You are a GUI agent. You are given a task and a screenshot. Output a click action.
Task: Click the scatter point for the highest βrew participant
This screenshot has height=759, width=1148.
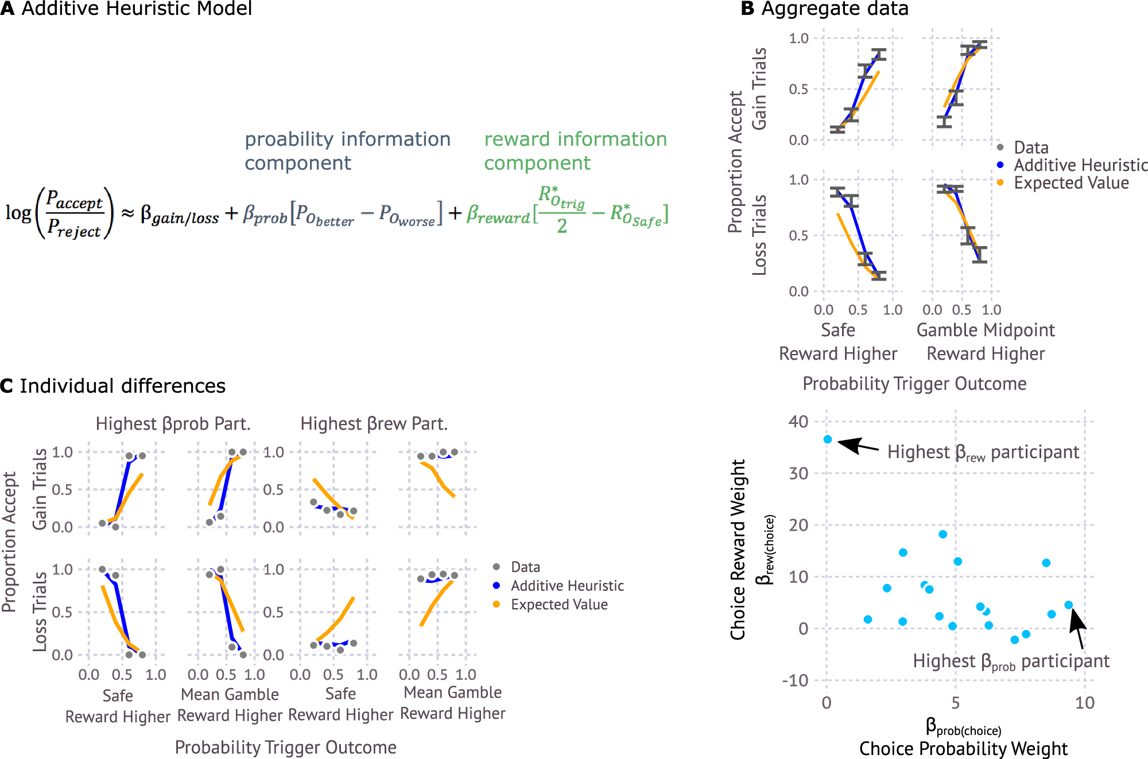(827, 439)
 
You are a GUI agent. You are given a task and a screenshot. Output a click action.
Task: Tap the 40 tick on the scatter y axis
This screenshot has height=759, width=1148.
(798, 422)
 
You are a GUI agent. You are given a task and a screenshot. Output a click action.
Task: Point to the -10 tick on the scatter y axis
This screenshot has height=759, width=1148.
(795, 680)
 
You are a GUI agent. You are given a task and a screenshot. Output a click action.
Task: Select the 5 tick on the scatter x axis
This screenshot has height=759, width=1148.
(956, 703)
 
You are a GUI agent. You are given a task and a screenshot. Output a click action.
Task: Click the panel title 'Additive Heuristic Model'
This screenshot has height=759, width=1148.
(137, 9)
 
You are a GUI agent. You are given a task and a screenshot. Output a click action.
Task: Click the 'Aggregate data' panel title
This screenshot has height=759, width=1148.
(835, 9)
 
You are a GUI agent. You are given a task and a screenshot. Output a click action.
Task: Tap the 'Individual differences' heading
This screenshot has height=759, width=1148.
(122, 386)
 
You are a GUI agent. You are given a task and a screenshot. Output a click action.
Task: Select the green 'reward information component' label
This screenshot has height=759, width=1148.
(575, 151)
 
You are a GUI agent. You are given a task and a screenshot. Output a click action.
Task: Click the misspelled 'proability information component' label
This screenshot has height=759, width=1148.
(347, 151)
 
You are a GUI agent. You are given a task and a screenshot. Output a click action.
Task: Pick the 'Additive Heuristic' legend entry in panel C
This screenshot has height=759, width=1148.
(567, 586)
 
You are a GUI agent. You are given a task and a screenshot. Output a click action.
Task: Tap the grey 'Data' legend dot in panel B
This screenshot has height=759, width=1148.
(1000, 147)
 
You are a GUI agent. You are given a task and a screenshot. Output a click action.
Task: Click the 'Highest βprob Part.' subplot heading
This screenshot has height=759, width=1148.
(173, 424)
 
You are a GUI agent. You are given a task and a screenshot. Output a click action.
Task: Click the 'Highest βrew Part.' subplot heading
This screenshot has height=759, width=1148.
(374, 424)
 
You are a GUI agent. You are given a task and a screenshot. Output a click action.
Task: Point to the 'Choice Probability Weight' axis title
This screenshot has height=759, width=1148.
(963, 749)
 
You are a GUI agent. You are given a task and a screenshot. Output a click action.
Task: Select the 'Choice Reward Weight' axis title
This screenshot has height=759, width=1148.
(738, 549)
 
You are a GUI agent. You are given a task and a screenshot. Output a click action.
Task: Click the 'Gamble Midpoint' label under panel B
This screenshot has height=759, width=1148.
(986, 330)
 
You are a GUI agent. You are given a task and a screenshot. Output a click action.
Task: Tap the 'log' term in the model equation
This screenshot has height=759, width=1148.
(18, 213)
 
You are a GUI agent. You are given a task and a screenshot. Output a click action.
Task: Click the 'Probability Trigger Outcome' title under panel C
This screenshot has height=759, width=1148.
(285, 748)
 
